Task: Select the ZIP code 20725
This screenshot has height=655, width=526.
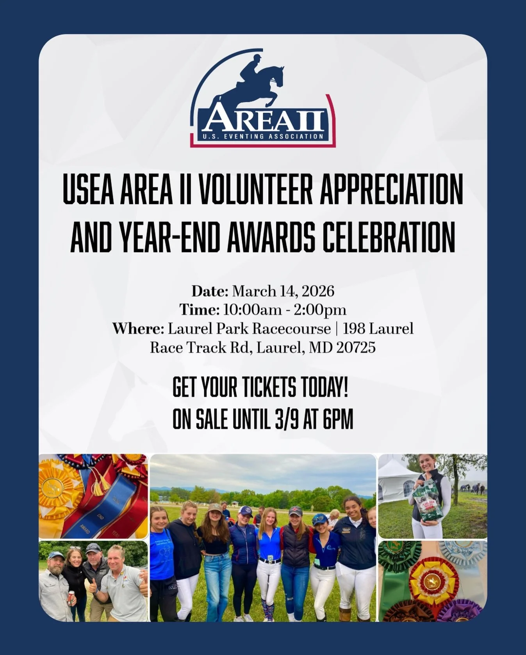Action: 356,347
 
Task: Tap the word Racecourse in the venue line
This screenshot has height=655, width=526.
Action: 290,328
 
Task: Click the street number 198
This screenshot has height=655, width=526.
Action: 353,328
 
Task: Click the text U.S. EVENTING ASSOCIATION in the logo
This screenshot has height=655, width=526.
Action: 263,136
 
